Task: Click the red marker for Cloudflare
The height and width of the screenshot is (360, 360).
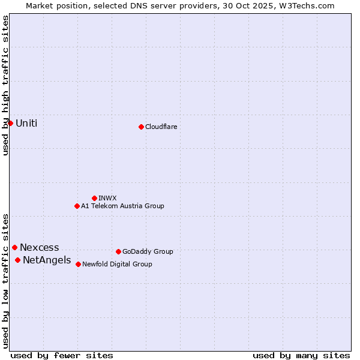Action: pos(141,127)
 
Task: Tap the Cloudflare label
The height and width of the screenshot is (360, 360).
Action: pos(161,127)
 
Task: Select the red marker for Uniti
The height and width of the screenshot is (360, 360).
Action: pos(10,123)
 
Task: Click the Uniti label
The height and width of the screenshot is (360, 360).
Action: pos(26,124)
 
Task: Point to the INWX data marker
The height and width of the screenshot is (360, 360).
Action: pos(94,198)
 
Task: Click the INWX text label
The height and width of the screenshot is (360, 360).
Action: pos(107,198)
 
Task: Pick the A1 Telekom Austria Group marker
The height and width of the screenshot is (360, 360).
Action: pos(77,206)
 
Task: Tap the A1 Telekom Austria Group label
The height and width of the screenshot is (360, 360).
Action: pos(122,206)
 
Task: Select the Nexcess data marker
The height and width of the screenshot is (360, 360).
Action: pos(14,247)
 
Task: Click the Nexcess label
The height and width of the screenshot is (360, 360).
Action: pos(40,247)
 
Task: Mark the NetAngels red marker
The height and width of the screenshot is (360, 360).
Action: pos(17,260)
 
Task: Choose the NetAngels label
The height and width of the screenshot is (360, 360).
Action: pos(47,260)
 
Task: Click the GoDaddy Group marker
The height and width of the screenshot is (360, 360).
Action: pos(118,251)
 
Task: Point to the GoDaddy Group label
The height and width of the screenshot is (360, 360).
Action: pos(148,251)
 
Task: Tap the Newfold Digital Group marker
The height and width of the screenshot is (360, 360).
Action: pos(78,264)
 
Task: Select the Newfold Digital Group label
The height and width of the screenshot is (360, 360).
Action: pos(117,264)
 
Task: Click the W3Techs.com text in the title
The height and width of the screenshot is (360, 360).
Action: pos(307,5)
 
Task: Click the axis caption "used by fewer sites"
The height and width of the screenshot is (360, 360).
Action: pos(62,355)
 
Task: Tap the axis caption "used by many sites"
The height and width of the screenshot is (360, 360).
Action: pos(301,355)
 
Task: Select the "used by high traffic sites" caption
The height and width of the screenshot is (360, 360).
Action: pos(5,85)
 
